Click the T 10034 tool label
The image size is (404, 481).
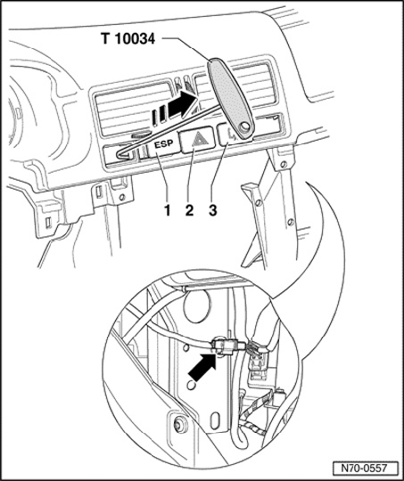click(x=128, y=38)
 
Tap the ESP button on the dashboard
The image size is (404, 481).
click(x=164, y=145)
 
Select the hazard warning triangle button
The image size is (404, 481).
click(x=196, y=140)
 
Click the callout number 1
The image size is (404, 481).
click(x=167, y=210)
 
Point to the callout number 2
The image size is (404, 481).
click(x=190, y=210)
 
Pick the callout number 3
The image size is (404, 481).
click(x=213, y=210)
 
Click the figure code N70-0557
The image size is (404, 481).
click(x=365, y=469)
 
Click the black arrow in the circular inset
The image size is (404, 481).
click(x=203, y=366)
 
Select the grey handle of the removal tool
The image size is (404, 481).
click(x=231, y=99)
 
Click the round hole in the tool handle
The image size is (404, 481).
click(x=245, y=126)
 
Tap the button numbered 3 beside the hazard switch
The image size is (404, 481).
click(x=228, y=135)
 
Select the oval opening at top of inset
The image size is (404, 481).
click(x=196, y=306)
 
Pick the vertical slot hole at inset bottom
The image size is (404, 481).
click(x=215, y=420)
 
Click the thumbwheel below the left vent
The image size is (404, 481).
click(x=141, y=135)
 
